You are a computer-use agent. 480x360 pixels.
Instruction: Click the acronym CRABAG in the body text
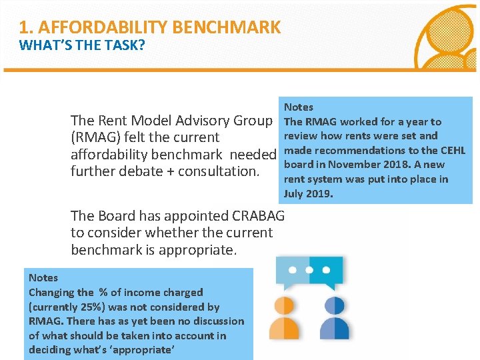tap(258, 216)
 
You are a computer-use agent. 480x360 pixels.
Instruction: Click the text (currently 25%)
tap(61, 307)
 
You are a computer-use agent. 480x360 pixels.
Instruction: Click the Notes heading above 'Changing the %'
tap(43, 278)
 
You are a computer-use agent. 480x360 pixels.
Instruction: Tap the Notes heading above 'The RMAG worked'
tap(299, 107)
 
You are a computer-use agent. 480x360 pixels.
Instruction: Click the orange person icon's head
tap(285, 306)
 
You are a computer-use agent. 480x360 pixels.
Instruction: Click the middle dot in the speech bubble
tap(309, 270)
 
